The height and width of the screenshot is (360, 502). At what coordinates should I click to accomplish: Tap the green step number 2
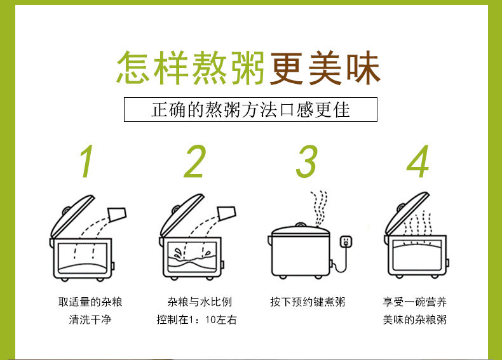pyautogui.click(x=195, y=161)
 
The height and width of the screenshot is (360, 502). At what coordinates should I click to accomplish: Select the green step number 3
pyautogui.click(x=307, y=161)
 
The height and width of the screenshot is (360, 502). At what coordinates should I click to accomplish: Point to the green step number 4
pyautogui.click(x=418, y=161)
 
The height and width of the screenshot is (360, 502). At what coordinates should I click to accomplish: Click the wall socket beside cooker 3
pyautogui.click(x=346, y=241)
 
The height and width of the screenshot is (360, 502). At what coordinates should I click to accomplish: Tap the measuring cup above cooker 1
pyautogui.click(x=117, y=215)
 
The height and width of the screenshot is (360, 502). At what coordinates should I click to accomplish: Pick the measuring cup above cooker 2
pyautogui.click(x=227, y=213)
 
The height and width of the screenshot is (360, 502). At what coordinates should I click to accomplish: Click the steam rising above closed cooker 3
pyautogui.click(x=319, y=208)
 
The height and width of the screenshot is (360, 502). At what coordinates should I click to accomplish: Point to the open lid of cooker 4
pyautogui.click(x=407, y=214)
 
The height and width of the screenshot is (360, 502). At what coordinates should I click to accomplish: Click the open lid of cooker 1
pyautogui.click(x=72, y=217)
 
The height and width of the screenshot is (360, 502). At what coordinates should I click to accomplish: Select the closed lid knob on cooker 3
pyautogui.click(x=300, y=225)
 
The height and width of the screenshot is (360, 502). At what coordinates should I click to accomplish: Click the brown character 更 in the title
pyautogui.click(x=286, y=68)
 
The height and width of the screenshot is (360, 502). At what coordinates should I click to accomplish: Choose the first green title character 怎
pyautogui.click(x=133, y=68)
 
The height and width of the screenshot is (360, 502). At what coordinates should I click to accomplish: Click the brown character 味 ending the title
pyautogui.click(x=363, y=68)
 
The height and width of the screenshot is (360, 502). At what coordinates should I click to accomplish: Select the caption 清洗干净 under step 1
pyautogui.click(x=90, y=319)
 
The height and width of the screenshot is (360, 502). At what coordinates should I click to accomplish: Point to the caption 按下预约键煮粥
pyautogui.click(x=308, y=302)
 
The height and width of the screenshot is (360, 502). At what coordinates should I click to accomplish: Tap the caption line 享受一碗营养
pyautogui.click(x=414, y=302)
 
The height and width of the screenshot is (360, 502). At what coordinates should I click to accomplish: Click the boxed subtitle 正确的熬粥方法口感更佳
pyautogui.click(x=250, y=109)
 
